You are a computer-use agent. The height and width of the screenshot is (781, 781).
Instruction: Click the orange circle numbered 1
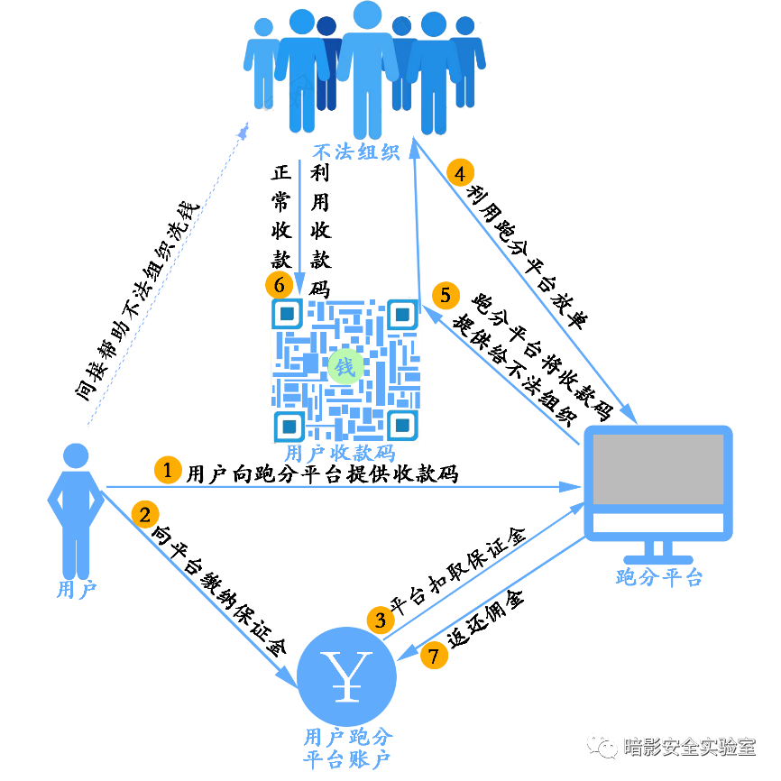(168, 469)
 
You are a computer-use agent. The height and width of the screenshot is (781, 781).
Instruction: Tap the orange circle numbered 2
(145, 514)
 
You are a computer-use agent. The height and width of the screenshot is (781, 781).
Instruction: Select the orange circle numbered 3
(381, 620)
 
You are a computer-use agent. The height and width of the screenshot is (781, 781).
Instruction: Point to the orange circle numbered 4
(460, 172)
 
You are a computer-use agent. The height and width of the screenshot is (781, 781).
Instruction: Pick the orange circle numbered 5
(446, 295)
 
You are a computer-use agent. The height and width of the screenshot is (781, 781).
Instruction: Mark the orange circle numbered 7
(434, 656)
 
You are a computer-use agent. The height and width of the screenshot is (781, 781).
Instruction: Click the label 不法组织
(355, 152)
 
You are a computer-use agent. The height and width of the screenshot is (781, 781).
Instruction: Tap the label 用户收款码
(339, 454)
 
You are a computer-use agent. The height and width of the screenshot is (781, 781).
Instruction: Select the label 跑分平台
(658, 577)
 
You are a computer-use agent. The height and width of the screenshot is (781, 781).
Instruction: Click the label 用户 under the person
(76, 590)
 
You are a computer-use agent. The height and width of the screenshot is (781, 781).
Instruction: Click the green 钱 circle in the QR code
(345, 367)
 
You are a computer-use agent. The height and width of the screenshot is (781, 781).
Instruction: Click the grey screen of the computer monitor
(657, 469)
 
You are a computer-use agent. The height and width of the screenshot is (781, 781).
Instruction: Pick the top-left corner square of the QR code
(287, 314)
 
